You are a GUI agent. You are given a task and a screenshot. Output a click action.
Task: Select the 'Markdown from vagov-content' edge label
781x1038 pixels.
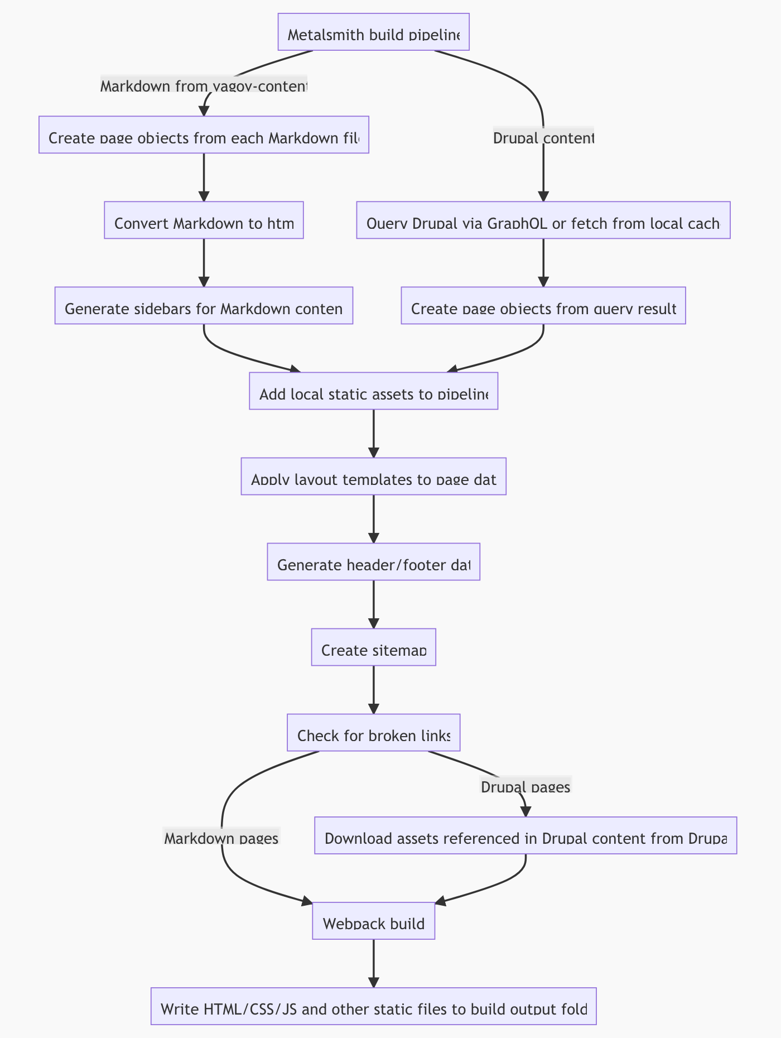[204, 86]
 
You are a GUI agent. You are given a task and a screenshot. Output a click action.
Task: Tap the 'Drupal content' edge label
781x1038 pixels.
[543, 137]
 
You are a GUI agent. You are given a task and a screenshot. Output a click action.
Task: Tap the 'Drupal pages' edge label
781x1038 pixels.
[525, 786]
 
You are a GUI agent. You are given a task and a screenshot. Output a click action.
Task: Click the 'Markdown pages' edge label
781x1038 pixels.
[221, 838]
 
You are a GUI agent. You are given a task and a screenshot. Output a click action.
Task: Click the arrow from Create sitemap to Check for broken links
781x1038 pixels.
[373, 689]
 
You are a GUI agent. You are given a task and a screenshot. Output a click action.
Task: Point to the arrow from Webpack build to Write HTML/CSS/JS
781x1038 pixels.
[373, 963]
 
